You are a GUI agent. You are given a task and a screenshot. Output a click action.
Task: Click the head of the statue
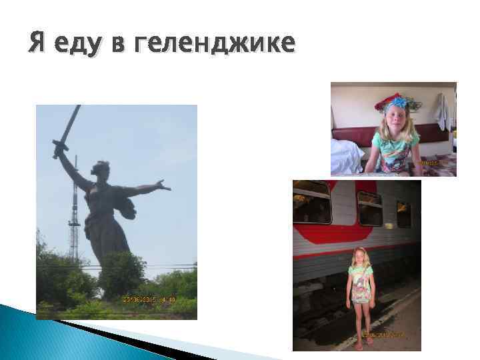pyautogui.click(x=102, y=168)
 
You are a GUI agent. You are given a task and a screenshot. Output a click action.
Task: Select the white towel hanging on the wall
pyautogui.click(x=440, y=111)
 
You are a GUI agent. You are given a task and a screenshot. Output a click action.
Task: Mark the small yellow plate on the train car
pyautogui.click(x=388, y=225)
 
